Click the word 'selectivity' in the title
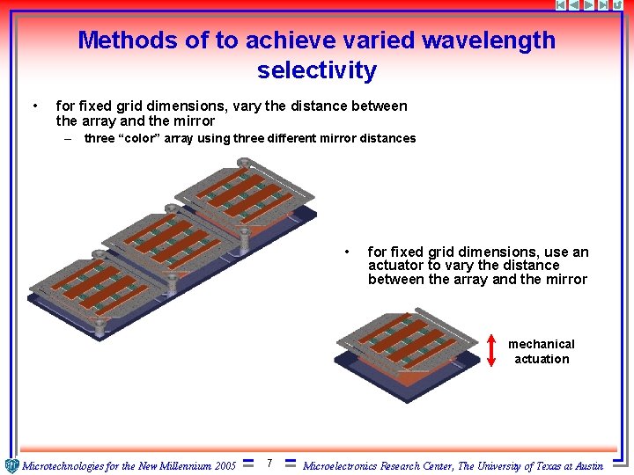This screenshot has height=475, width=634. point(317,70)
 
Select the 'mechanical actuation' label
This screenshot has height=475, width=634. point(542,352)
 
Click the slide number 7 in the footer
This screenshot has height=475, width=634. point(269,464)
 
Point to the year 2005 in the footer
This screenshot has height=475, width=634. point(225,466)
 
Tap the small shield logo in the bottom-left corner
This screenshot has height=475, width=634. point(11,465)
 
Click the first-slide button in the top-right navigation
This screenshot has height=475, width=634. point(562,5)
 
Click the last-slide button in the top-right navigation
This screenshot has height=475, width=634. point(604,5)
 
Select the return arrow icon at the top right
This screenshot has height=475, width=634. point(619,5)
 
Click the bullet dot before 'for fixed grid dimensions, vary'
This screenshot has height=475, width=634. point(34,106)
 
